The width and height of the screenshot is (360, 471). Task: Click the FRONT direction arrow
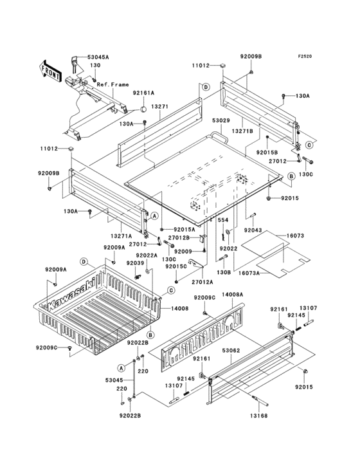(50, 71)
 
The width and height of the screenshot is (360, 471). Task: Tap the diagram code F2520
(305, 56)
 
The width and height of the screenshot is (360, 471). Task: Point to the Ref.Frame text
(113, 85)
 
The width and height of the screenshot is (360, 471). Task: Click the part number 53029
(221, 121)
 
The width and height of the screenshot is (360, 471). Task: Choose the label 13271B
(242, 131)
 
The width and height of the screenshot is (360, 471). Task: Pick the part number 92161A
(143, 93)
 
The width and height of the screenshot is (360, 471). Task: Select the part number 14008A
(233, 295)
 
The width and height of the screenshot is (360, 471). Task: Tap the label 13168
(258, 416)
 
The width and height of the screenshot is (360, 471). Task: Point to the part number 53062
(231, 351)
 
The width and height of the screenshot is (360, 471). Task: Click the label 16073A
(249, 273)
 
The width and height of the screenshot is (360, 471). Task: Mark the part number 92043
(253, 230)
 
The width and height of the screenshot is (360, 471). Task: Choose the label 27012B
(179, 237)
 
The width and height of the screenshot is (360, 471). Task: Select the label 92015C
(176, 266)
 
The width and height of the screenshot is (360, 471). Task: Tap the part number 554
(223, 220)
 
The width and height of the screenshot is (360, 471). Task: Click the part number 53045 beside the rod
(114, 380)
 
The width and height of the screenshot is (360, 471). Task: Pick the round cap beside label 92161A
(143, 109)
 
